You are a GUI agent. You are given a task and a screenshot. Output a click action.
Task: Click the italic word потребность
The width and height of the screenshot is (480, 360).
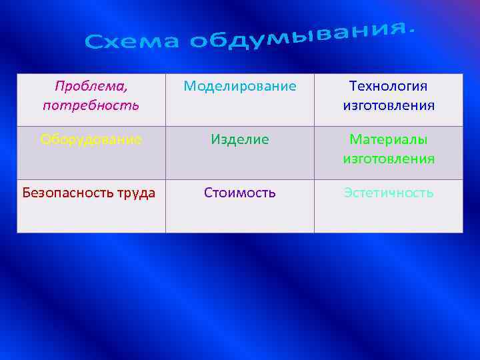point(91,105)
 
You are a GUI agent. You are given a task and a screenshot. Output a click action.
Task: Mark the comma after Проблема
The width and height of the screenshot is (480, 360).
point(126,89)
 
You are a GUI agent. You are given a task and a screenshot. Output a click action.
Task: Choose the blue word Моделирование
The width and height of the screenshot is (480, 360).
point(239,86)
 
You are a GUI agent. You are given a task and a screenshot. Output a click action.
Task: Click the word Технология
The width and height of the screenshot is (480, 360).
point(389,86)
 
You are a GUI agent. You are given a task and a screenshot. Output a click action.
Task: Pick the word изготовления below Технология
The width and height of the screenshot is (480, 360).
point(389,105)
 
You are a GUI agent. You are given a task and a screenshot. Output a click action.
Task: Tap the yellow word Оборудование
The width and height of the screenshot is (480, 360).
point(91,139)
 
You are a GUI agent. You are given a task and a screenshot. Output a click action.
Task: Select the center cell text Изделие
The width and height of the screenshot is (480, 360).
point(239,139)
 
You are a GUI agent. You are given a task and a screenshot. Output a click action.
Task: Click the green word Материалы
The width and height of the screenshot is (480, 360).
point(389,139)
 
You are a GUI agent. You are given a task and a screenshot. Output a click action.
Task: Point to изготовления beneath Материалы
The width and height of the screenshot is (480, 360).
point(389,159)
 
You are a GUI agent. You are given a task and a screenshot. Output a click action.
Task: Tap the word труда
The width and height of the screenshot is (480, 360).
point(138,193)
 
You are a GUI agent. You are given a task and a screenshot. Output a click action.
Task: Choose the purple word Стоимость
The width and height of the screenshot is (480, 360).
point(239,193)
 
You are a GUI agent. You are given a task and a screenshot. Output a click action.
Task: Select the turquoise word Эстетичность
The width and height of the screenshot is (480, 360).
point(389,193)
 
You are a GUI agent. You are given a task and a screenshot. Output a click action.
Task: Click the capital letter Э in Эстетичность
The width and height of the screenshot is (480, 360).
point(348,193)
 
